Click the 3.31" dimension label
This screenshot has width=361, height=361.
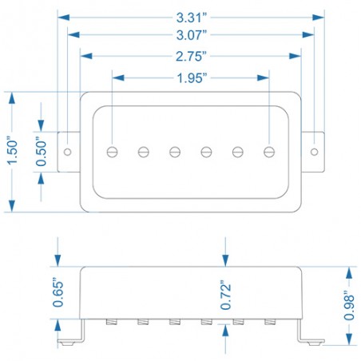(192, 18)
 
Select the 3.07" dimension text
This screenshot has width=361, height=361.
(192, 35)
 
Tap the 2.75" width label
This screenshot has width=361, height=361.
(191, 57)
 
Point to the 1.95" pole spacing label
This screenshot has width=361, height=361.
(192, 78)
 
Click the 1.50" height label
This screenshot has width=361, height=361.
(12, 150)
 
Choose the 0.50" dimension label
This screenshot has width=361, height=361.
(41, 152)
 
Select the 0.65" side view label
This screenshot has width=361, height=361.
(58, 292)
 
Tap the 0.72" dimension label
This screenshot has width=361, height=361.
(225, 295)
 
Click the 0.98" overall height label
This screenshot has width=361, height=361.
(349, 305)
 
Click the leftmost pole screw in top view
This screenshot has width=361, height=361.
(112, 152)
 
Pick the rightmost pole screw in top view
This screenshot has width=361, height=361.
(269, 152)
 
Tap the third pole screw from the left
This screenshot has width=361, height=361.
(175, 152)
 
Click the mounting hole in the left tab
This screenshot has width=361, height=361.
(68, 152)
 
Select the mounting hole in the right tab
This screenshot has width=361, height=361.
(315, 152)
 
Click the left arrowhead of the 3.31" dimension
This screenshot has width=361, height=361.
(63, 18)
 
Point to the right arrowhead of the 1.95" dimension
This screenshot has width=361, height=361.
(263, 78)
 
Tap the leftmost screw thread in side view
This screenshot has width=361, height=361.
(112, 322)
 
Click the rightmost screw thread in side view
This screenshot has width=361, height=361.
(270, 322)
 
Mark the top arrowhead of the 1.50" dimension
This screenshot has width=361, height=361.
(12, 98)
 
